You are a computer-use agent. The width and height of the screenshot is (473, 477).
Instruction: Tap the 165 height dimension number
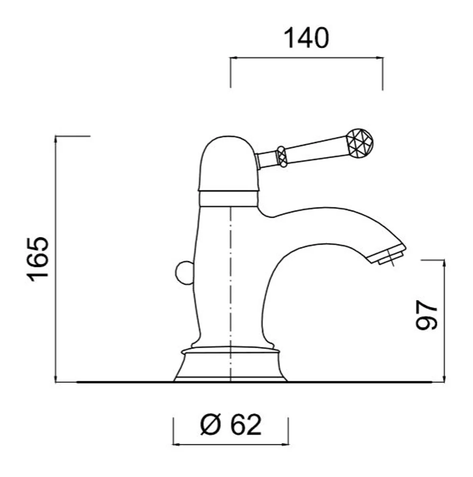coord(39,260)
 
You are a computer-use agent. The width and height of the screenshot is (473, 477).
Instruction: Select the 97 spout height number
coord(427,315)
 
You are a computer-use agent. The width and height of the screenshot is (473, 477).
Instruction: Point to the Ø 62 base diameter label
coord(231,425)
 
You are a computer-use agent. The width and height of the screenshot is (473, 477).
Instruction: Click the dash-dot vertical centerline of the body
coord(230,278)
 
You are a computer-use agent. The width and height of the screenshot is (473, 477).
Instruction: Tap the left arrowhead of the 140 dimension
coord(233,58)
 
